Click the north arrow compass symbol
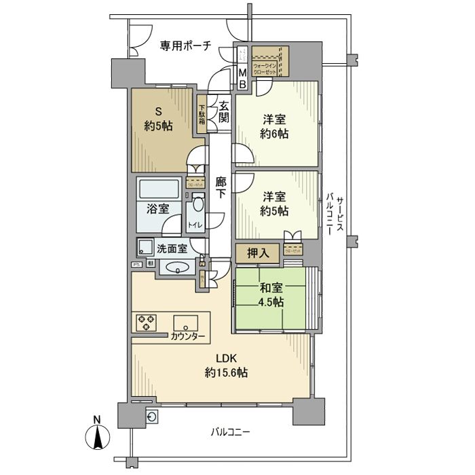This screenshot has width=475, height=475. pos(98,434)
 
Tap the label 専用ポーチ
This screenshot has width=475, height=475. pos(185,45)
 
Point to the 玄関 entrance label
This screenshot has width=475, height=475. pos(223,111)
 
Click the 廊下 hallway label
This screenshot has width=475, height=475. pos(221,187)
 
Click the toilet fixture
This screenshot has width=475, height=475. pos(197,206)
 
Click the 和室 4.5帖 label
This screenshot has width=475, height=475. pos(271,296)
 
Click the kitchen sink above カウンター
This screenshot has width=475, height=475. pos(185,322)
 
